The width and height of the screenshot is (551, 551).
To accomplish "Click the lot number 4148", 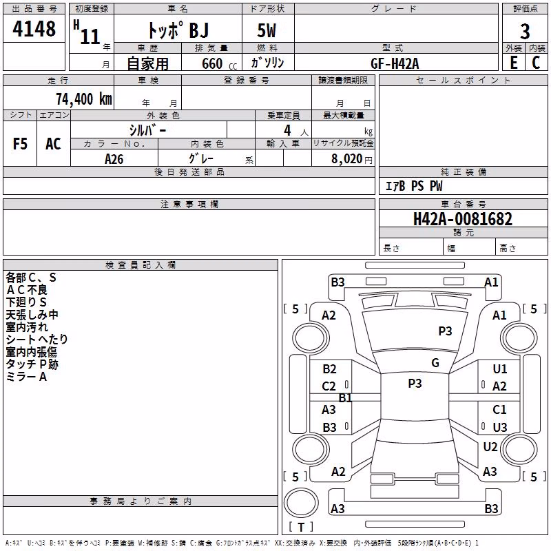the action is (34, 29).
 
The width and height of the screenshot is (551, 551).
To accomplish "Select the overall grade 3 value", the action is (525, 32).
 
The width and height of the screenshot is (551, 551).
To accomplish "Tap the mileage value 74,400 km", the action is (84, 98).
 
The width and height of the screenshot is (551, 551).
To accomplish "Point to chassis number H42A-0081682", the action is (463, 218).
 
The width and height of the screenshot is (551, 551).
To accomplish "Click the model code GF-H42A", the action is (395, 63).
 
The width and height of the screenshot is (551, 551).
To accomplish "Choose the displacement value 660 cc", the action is (219, 64).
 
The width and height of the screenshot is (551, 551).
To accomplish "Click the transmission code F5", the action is (20, 144).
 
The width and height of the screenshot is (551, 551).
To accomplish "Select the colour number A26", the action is (114, 159).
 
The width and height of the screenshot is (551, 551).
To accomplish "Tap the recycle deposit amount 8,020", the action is (347, 159).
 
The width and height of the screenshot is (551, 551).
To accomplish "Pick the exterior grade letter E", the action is (514, 63).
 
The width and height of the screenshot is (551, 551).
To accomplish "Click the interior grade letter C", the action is (536, 63).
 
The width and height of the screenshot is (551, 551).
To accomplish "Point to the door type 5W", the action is (267, 30).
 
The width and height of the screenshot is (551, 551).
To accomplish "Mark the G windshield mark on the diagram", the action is (435, 363).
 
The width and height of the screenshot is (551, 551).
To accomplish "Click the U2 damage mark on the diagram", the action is (490, 447).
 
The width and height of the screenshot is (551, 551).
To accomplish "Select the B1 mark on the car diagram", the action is (345, 398).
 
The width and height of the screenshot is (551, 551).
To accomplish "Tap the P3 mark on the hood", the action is (445, 331).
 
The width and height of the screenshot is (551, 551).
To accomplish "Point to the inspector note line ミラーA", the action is (26, 377).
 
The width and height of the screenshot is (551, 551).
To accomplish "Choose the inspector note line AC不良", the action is (26, 290).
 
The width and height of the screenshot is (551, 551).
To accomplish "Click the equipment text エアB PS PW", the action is (414, 186).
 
